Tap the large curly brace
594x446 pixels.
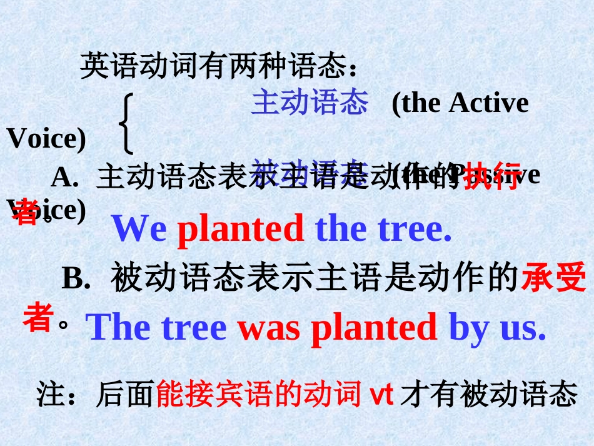click(127, 124)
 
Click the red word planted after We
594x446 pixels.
click(241, 230)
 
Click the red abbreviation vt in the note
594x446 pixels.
click(381, 394)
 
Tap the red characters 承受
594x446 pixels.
click(553, 278)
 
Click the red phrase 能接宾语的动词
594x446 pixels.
click(259, 395)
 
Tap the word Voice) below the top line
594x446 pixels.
click(46, 139)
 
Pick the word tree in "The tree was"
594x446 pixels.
click(193, 327)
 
